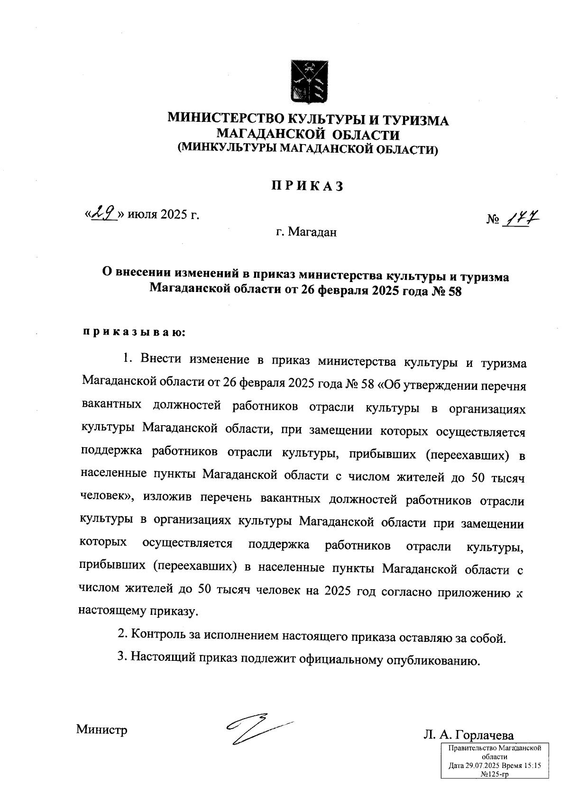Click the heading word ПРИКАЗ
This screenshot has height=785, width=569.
[x=307, y=186]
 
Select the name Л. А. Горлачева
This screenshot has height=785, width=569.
[x=469, y=735]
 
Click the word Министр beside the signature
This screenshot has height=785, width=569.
[x=102, y=729]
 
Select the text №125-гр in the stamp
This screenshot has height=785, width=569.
[x=495, y=774]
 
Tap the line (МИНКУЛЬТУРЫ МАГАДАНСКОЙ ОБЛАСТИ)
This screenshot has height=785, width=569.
[x=307, y=150]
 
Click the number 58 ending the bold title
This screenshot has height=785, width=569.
[x=453, y=291]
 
